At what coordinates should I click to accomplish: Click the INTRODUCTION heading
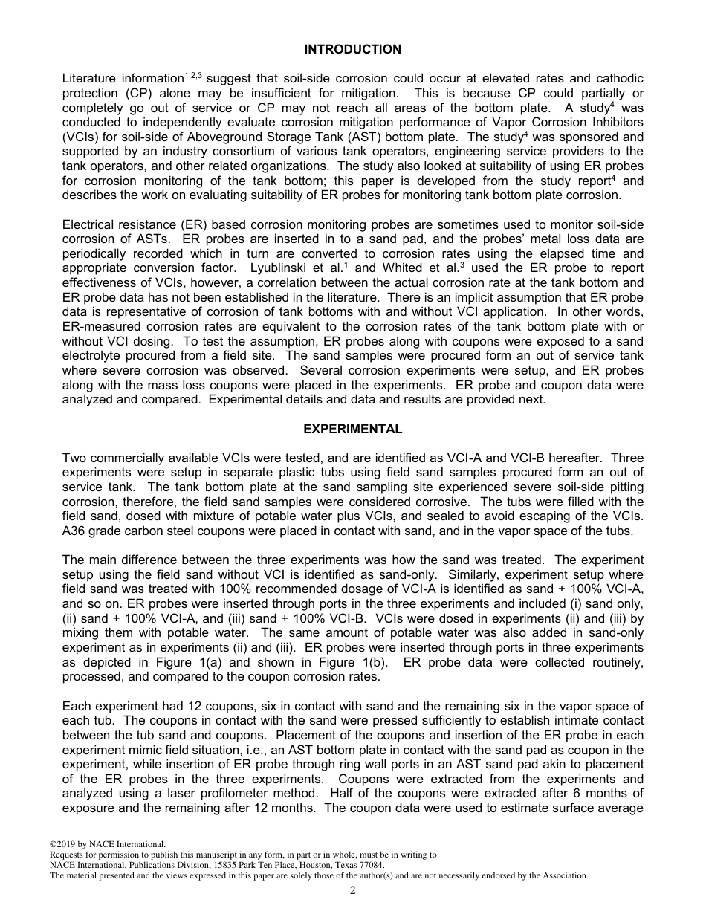tap(352, 50)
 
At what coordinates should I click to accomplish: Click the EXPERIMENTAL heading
tap(352, 430)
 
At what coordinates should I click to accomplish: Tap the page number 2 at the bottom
tap(353, 892)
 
